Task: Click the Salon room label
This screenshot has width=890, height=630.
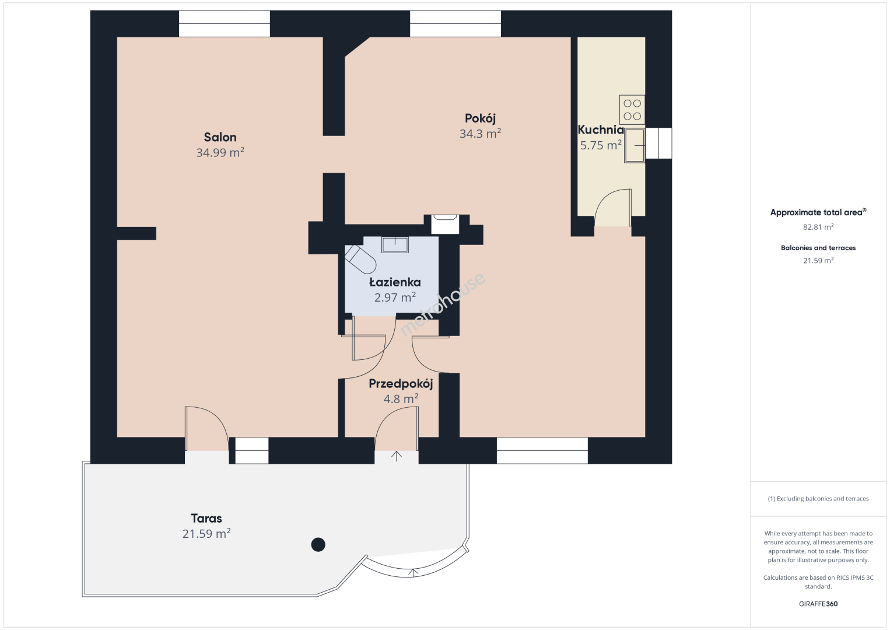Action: click(x=220, y=137)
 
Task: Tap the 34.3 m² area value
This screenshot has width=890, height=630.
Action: click(x=480, y=133)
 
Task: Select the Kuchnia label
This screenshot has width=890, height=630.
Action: click(x=601, y=129)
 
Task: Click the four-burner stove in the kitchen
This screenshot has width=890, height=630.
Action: click(x=632, y=110)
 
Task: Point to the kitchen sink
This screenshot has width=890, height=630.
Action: click(x=634, y=145)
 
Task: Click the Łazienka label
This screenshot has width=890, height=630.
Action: click(x=395, y=282)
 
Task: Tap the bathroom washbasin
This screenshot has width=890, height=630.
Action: click(x=395, y=244)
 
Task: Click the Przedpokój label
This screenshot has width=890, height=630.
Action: click(x=401, y=384)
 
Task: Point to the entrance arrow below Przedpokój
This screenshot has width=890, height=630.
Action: click(x=396, y=456)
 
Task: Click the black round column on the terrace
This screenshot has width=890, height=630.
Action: click(x=318, y=545)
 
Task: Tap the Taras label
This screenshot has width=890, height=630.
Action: click(x=206, y=519)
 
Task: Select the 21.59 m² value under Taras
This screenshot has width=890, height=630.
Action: click(x=206, y=533)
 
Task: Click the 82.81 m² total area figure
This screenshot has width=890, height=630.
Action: click(x=818, y=227)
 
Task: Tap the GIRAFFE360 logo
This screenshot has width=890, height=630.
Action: click(x=818, y=604)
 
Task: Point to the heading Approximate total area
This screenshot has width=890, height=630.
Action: click(x=818, y=212)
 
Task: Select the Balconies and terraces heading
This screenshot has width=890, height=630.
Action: click(x=818, y=248)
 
